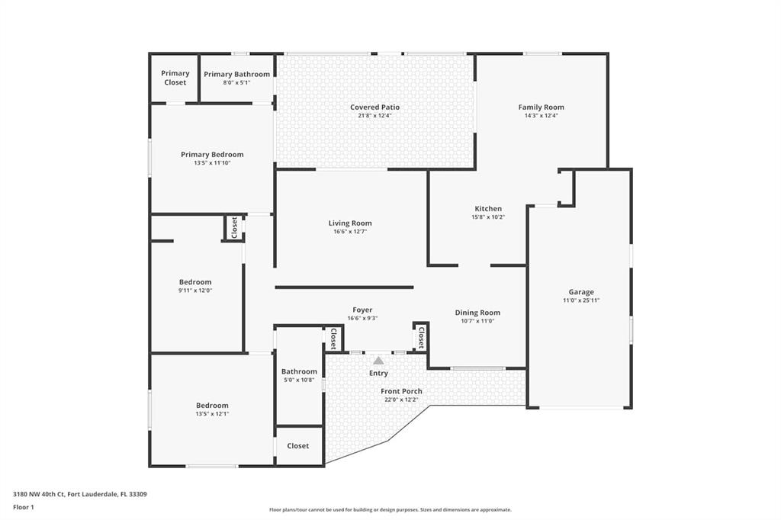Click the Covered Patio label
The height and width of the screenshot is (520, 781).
click(x=374, y=108)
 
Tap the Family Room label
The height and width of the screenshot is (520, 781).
click(x=541, y=108)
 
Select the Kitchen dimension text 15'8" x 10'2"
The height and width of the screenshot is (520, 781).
click(x=488, y=217)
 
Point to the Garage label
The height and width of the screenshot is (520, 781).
click(x=580, y=292)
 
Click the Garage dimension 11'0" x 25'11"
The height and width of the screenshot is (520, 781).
click(x=580, y=300)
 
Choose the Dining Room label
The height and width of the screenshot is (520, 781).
click(x=477, y=313)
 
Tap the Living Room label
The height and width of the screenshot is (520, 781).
click(x=350, y=223)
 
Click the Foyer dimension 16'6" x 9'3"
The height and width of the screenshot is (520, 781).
click(x=362, y=319)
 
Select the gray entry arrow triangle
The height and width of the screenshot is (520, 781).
click(x=378, y=360)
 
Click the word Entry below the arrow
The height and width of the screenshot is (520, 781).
click(x=378, y=374)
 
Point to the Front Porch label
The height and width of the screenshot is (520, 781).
click(x=401, y=392)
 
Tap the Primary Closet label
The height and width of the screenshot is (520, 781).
click(x=175, y=78)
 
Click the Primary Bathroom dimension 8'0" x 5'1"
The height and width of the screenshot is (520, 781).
click(x=236, y=82)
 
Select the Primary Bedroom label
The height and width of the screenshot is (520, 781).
click(x=212, y=155)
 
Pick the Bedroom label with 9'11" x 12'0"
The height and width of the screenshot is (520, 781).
click(x=195, y=282)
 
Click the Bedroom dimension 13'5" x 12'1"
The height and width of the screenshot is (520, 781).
click(x=212, y=414)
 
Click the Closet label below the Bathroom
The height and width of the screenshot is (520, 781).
click(x=298, y=446)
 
